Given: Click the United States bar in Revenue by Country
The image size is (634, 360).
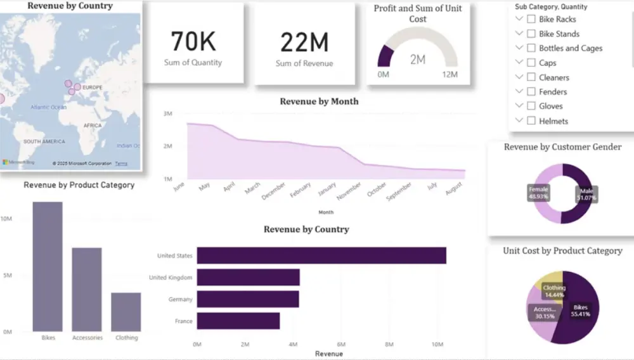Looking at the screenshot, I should point(321,255).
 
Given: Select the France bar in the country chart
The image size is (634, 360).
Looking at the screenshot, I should point(238,321).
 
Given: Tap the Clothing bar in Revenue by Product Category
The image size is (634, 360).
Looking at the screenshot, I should point(126,312).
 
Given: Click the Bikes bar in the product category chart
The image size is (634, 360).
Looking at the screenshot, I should point(48,266).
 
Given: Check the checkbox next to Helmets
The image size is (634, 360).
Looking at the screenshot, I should point(531,121).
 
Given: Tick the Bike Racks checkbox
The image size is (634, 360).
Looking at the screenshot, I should point(531,19).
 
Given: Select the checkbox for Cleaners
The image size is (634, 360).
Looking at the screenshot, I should point(531,77).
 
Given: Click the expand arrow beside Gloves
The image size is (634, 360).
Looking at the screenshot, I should point(519,106).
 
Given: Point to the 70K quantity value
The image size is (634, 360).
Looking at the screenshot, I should point(193,42).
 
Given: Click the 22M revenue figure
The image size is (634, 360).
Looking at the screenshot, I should point(304,42).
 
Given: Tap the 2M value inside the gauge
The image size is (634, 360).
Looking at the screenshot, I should point(417,60).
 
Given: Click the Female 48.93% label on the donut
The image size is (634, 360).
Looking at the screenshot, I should point(539,193).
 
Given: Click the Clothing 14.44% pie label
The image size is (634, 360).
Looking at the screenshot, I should point(554,292).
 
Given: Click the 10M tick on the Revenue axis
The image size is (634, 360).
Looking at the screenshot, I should point(437,344).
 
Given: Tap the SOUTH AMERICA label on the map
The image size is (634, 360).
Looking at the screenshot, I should point(44,141).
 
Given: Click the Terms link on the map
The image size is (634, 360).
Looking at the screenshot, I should point(121,164).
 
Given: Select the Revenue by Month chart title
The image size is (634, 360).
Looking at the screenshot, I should point(319,101).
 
